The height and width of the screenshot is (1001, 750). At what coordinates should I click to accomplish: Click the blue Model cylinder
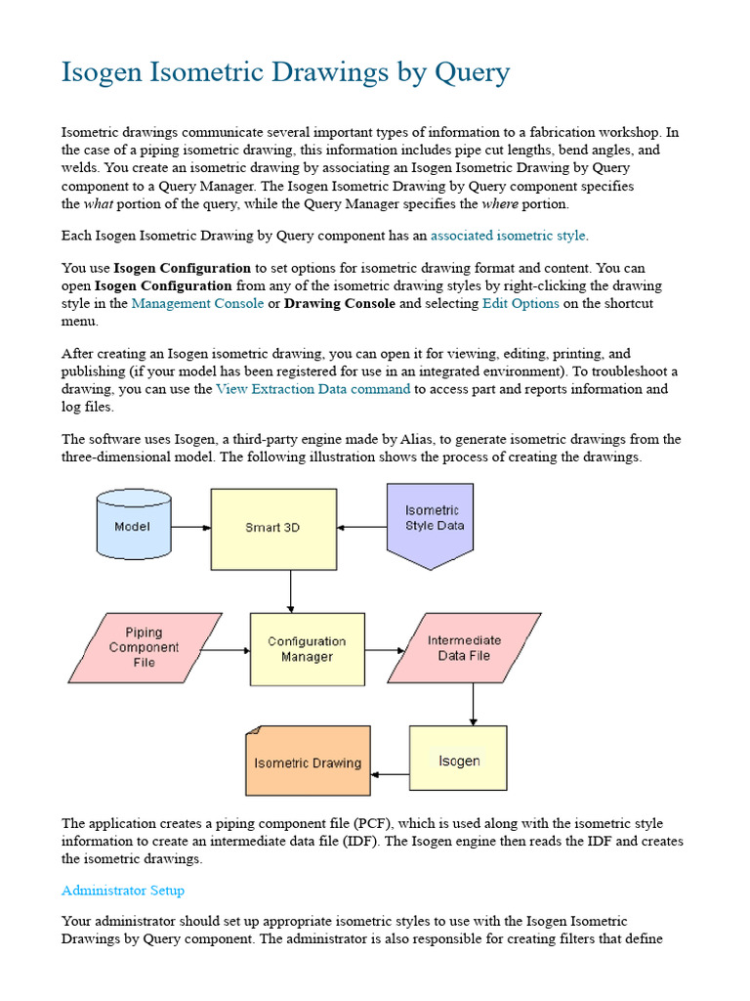[x=134, y=525]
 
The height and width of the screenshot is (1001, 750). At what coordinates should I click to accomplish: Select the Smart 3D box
[x=273, y=528]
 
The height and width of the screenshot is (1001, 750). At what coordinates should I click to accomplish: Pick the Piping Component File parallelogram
[x=145, y=647]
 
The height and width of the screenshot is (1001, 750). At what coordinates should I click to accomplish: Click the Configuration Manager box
[x=307, y=649]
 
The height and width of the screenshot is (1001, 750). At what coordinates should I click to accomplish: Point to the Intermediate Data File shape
[x=464, y=647]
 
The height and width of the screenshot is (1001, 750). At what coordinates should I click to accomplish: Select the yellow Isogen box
[x=458, y=759]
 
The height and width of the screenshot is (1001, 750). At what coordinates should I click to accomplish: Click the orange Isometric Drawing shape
[x=308, y=762]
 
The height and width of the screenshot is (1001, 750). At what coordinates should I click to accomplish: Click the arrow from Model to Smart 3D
[x=191, y=528]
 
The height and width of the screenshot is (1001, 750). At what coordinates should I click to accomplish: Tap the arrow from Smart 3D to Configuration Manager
[x=290, y=591]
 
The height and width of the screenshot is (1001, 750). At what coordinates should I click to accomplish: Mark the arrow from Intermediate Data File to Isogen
[x=473, y=704]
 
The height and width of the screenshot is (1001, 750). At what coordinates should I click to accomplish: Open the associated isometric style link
[x=508, y=236]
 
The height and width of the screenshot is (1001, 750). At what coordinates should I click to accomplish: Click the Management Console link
[x=197, y=303]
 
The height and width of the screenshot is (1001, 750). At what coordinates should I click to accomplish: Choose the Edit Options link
[x=521, y=303]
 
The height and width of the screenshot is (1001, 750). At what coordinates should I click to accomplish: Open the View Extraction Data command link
[x=312, y=389]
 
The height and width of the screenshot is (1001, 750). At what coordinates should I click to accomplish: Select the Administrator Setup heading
[x=123, y=891]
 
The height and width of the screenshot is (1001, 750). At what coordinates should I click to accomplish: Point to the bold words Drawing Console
[x=339, y=303]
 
